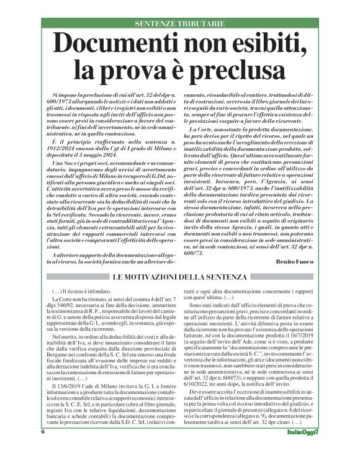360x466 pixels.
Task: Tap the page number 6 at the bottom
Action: pyautogui.click(x=43, y=449)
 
